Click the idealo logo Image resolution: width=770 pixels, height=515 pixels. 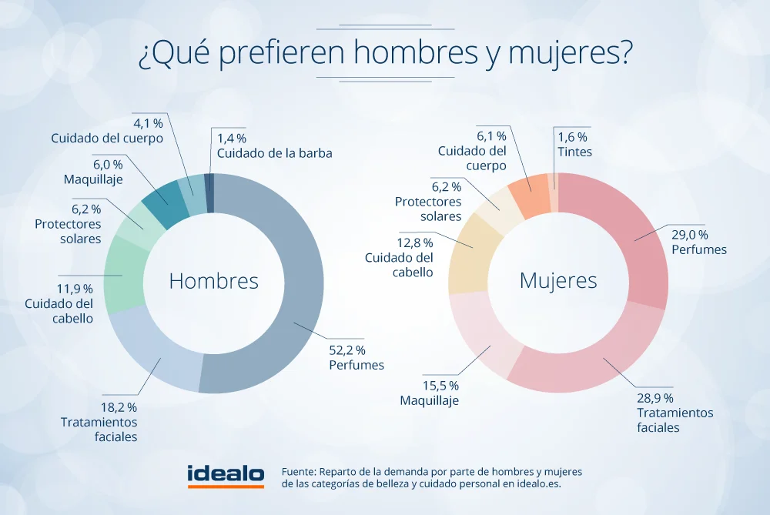[x=226, y=475]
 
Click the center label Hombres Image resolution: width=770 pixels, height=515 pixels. [x=213, y=281]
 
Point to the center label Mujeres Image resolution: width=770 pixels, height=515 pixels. [x=558, y=281]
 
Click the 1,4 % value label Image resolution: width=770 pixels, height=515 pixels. [x=231, y=139]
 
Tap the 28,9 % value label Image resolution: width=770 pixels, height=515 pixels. [x=655, y=398]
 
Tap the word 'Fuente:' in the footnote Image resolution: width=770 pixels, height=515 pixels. [x=300, y=471]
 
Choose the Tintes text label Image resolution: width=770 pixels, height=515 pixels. [x=574, y=152]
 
